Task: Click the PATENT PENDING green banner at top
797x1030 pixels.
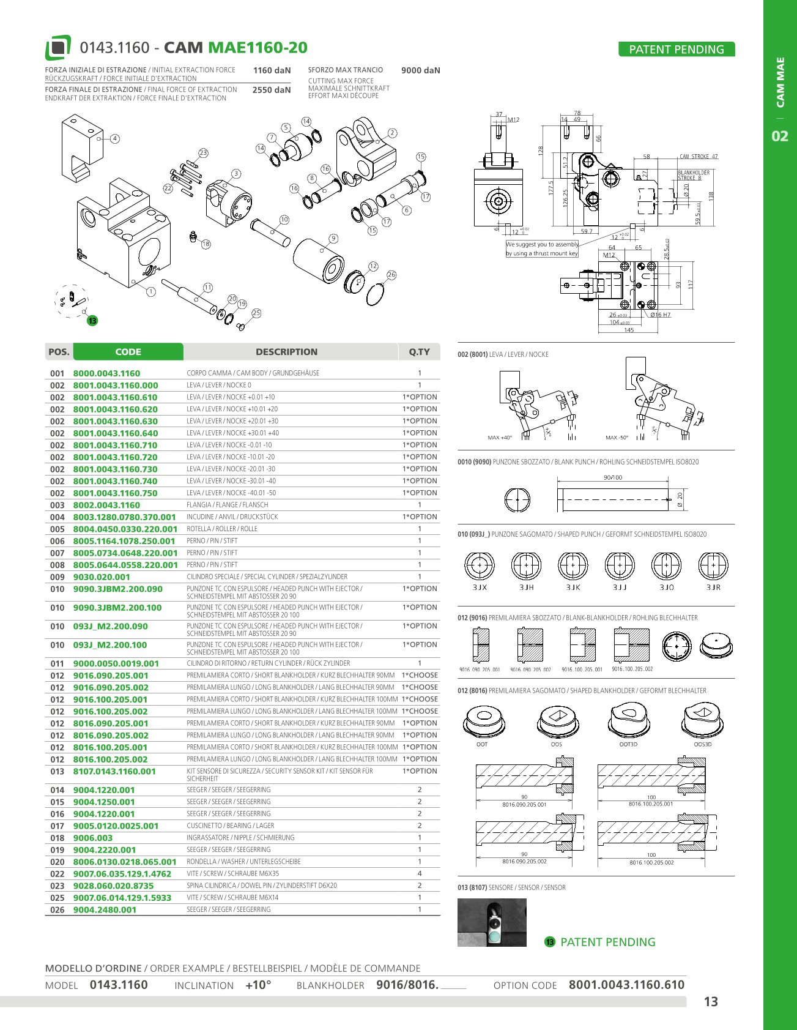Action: pyautogui.click(x=677, y=50)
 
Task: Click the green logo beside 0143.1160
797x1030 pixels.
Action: pyautogui.click(x=58, y=48)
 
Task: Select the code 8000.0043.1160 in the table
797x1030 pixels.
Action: pyautogui.click(x=106, y=373)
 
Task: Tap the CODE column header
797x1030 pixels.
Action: pyautogui.click(x=128, y=352)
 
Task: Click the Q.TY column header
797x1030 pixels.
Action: pyautogui.click(x=419, y=352)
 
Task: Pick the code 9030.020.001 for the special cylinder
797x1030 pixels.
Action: pyautogui.click(x=102, y=577)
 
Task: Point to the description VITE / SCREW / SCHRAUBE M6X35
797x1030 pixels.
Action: pyautogui.click(x=232, y=873)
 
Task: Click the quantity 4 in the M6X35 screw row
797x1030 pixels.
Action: pyautogui.click(x=420, y=873)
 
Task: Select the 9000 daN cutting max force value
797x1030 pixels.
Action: pyautogui.click(x=421, y=70)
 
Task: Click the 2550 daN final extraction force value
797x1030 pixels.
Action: pyautogui.click(x=272, y=90)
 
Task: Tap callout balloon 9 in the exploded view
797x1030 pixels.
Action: pyautogui.click(x=333, y=238)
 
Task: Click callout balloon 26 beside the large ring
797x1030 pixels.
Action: pyautogui.click(x=391, y=275)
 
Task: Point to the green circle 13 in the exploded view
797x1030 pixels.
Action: pyautogui.click(x=92, y=321)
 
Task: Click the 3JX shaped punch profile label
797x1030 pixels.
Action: pyautogui.click(x=480, y=588)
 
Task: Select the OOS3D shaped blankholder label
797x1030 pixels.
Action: pyautogui.click(x=703, y=744)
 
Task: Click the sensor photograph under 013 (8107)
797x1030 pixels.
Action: pyautogui.click(x=492, y=922)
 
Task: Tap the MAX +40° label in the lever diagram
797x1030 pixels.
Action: pyautogui.click(x=500, y=438)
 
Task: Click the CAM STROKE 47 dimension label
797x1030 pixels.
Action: pyautogui.click(x=699, y=157)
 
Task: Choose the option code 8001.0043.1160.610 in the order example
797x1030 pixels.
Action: pyautogui.click(x=626, y=985)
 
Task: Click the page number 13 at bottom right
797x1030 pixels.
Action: pyautogui.click(x=711, y=1002)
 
